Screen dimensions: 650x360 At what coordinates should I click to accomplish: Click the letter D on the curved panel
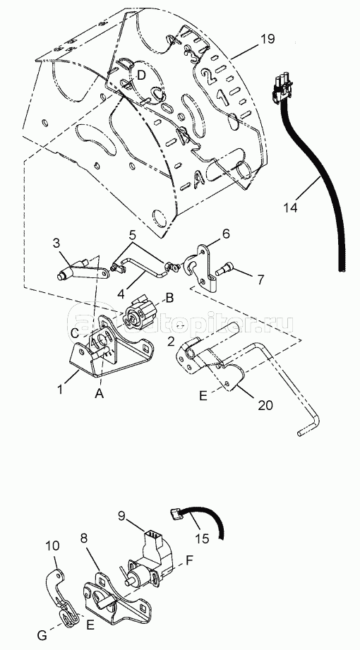(141, 74)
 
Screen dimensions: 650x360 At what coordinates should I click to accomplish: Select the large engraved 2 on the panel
(206, 74)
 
